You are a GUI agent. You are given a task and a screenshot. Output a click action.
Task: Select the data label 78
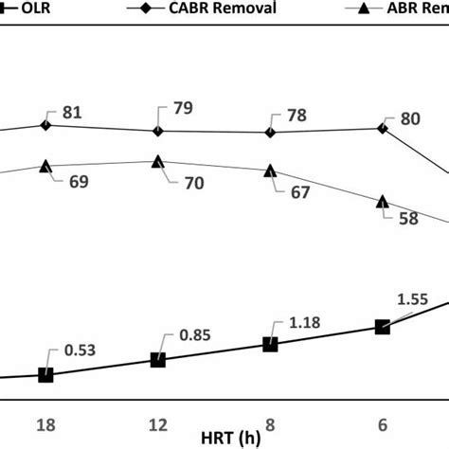click(x=296, y=116)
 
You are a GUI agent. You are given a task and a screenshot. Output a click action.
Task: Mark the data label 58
click(x=409, y=217)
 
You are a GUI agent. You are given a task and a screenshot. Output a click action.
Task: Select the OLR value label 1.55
click(x=412, y=298)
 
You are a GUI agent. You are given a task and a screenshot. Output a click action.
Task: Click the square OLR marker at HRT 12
click(x=158, y=360)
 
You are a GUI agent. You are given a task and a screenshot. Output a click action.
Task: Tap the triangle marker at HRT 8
click(x=270, y=171)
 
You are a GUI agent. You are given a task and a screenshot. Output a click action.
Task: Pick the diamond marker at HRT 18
click(x=45, y=125)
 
